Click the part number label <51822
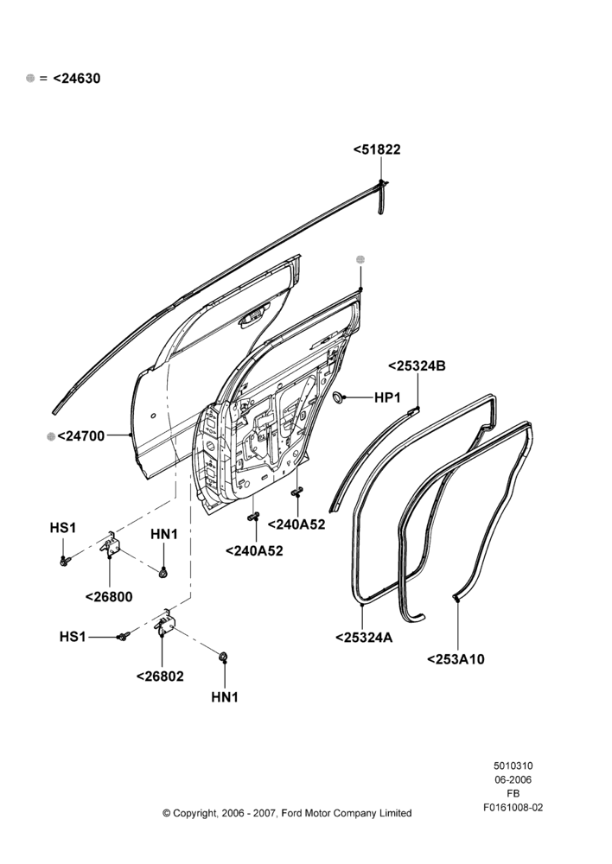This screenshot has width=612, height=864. pyautogui.click(x=377, y=149)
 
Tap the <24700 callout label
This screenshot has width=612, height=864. pyautogui.click(x=80, y=435)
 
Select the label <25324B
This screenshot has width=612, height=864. pyautogui.click(x=417, y=365)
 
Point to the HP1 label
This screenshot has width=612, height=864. pyautogui.click(x=387, y=397)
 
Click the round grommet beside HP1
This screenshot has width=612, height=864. pyautogui.click(x=339, y=397)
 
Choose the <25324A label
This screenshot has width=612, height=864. pyautogui.click(x=364, y=638)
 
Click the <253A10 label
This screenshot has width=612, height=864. pyautogui.click(x=456, y=659)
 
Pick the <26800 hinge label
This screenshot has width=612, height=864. pyautogui.click(x=109, y=597)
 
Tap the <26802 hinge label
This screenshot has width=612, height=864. pyautogui.click(x=160, y=677)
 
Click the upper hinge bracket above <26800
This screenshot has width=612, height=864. pyautogui.click(x=112, y=545)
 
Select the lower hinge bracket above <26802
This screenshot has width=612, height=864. pyautogui.click(x=165, y=624)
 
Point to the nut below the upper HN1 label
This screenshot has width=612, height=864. pyautogui.click(x=163, y=573)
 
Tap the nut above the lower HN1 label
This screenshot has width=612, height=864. pyautogui.click(x=224, y=657)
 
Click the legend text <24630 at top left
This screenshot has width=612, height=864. pyautogui.click(x=77, y=79)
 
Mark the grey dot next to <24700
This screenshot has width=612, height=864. pyautogui.click(x=51, y=436)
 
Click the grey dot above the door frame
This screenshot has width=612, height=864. pyautogui.click(x=360, y=259)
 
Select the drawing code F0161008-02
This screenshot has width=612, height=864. pyautogui.click(x=513, y=807)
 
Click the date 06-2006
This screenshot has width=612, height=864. pyautogui.click(x=513, y=779)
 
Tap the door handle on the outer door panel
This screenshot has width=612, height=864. pyautogui.click(x=252, y=319)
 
